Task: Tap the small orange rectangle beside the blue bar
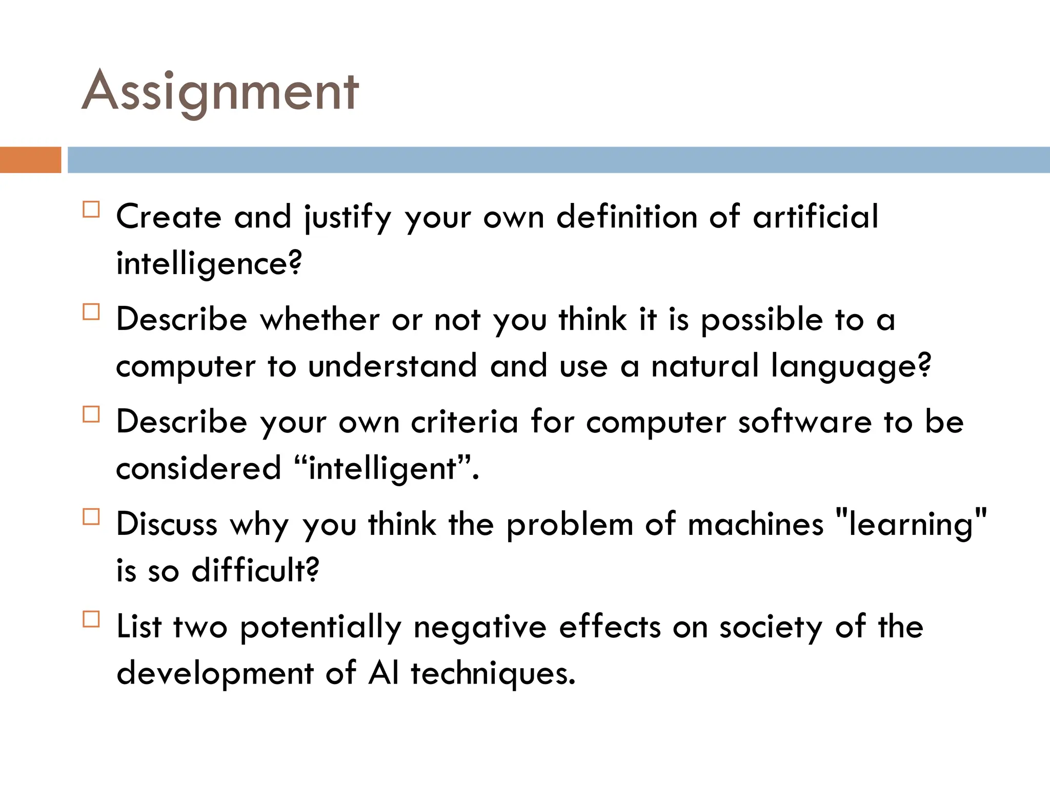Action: [30, 159]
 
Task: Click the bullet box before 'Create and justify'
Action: [91, 210]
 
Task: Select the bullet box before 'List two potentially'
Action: [91, 619]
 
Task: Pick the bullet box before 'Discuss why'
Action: [91, 516]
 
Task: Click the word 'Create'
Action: [169, 217]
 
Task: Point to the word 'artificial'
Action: [815, 217]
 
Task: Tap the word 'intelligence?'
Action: [209, 264]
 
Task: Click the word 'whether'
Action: [320, 319]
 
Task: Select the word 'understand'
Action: [393, 366]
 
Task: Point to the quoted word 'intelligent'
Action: [382, 468]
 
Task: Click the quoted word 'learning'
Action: [911, 524]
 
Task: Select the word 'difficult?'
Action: [255, 570]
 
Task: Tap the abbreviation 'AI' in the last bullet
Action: [383, 673]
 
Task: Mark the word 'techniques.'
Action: [493, 673]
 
